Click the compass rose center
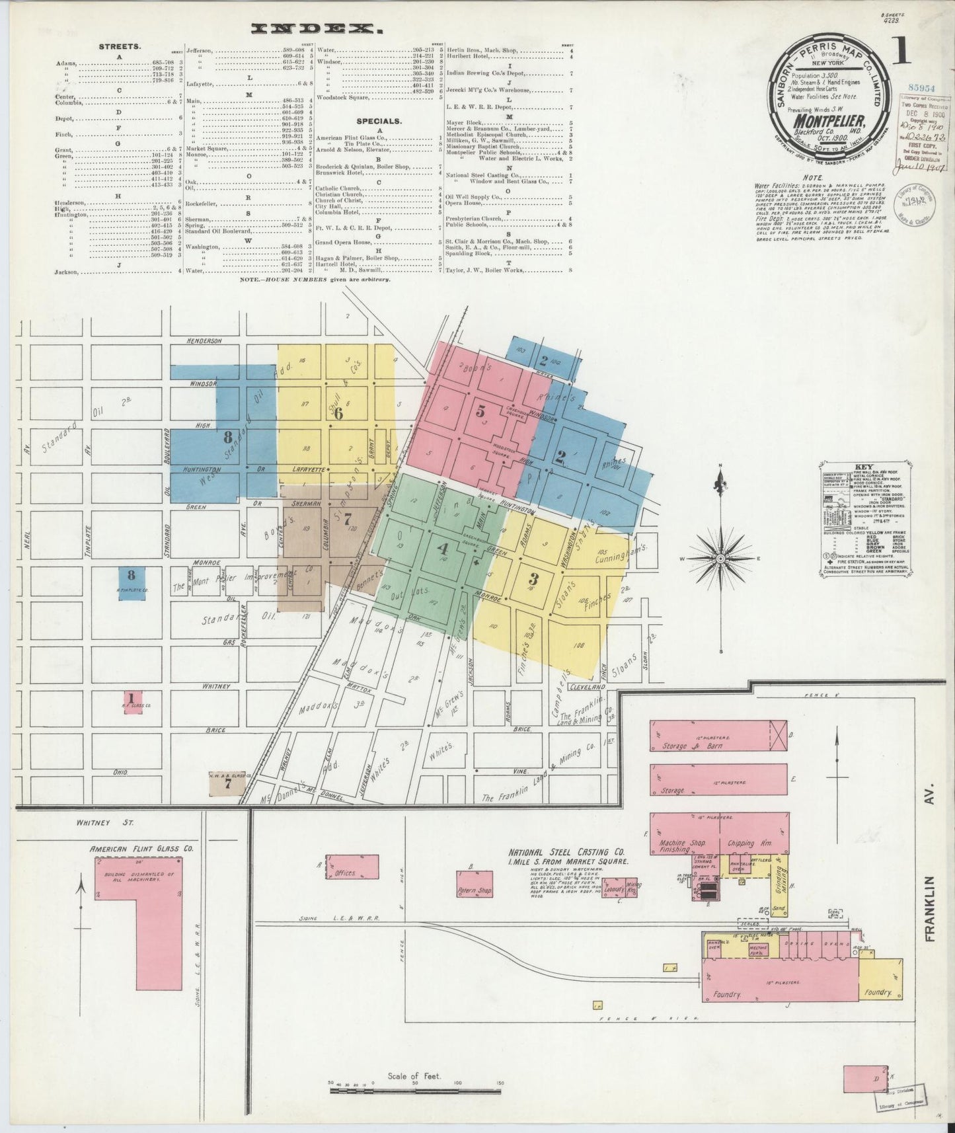pos(720,559)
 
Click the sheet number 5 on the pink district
pos(480,411)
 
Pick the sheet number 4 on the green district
pos(443,548)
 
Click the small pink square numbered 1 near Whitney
pos(132,698)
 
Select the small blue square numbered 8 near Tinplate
pos(131,575)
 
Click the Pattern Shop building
pos(475,890)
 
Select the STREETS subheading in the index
pos(119,47)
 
